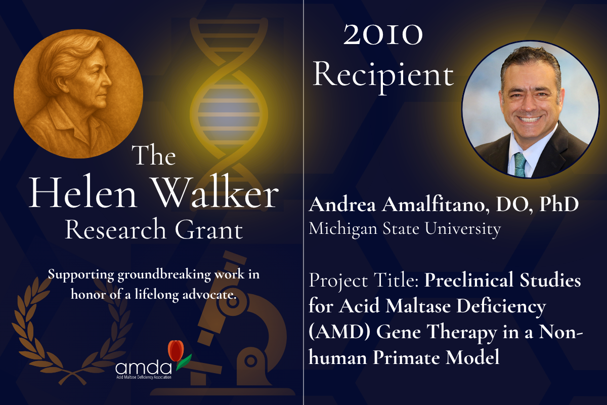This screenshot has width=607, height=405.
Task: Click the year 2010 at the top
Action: (x=383, y=35)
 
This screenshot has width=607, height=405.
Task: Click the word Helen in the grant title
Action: (x=83, y=193)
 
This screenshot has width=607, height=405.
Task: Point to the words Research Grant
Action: (x=154, y=229)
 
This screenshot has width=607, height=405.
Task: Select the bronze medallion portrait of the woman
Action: (x=78, y=94)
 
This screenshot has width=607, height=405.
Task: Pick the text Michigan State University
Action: (x=405, y=229)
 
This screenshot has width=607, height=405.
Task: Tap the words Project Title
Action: (x=364, y=280)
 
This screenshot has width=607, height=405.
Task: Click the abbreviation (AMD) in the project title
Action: (x=339, y=332)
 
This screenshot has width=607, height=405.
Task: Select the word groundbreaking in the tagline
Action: (x=164, y=275)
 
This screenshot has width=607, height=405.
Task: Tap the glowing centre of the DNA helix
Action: (x=229, y=112)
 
